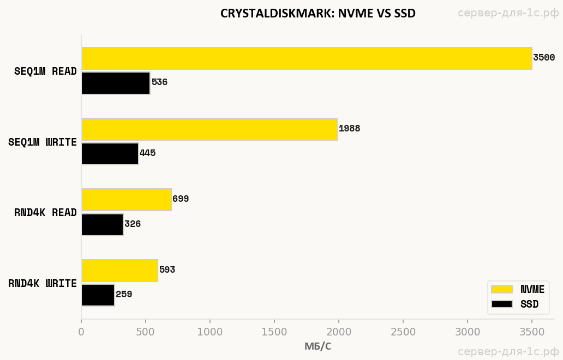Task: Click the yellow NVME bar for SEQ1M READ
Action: [307, 58]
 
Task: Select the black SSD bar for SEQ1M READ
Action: [116, 83]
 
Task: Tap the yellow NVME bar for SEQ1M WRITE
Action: [209, 129]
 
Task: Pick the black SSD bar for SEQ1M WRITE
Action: [110, 153]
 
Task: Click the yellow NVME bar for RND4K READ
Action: [126, 200]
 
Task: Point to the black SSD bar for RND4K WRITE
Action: [98, 295]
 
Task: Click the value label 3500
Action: [544, 58]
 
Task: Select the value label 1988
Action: [349, 129]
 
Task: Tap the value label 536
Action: [159, 82]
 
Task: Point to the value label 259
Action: [124, 295]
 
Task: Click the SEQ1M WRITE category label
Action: [43, 142]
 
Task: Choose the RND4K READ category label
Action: [45, 213]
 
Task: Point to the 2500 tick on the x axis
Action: [403, 332]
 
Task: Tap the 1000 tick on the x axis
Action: [210, 332]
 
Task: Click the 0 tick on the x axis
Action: [81, 332]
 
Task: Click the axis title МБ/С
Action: [318, 346]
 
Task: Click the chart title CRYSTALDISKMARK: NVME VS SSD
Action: [318, 14]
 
